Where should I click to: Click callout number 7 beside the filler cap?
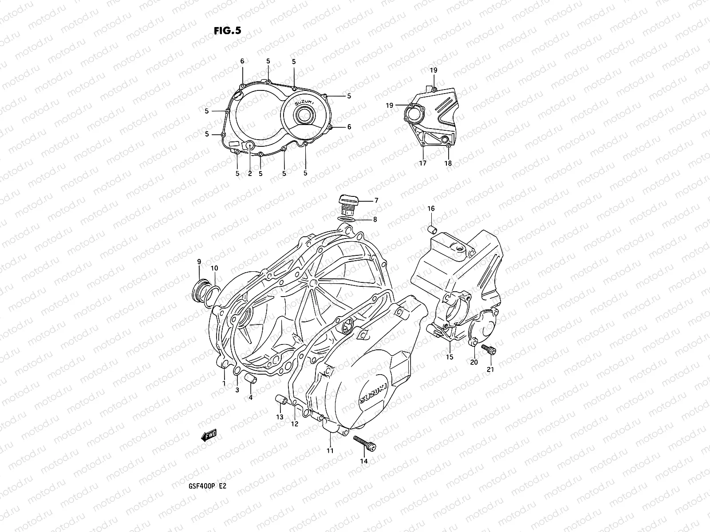(376, 200)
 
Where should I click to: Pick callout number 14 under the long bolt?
(364, 461)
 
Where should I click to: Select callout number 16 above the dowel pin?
(431, 208)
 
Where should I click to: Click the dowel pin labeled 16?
(432, 229)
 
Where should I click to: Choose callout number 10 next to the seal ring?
(214, 268)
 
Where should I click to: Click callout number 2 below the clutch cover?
(250, 174)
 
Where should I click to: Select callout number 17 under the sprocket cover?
(422, 163)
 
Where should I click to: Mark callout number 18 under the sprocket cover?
(448, 163)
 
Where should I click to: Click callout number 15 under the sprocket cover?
(450, 357)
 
